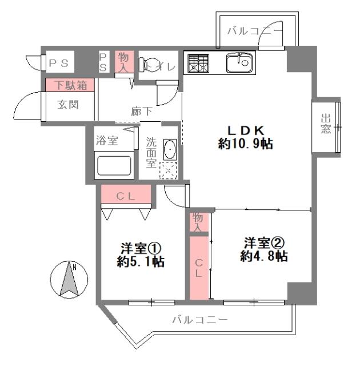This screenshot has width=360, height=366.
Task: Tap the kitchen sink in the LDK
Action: pyautogui.click(x=239, y=62)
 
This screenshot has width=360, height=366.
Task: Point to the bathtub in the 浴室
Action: pyautogui.click(x=114, y=166)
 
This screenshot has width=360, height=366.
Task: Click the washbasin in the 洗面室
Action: pyautogui.click(x=169, y=150)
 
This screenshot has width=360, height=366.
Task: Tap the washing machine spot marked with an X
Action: pyautogui.click(x=169, y=171)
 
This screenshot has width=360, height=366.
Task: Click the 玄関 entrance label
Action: pyautogui.click(x=67, y=105)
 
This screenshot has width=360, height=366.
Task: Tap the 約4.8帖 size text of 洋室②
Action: pyautogui.click(x=263, y=257)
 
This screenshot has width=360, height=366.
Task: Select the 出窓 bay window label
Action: pyautogui.click(x=326, y=124)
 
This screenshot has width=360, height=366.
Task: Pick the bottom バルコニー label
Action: pyautogui.click(x=200, y=320)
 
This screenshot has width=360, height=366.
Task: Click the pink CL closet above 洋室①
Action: pyautogui.click(x=126, y=196)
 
